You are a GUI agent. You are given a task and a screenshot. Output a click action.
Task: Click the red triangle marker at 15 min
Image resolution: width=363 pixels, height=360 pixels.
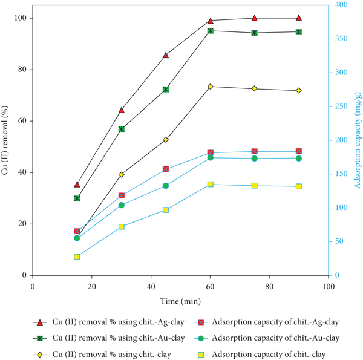77,185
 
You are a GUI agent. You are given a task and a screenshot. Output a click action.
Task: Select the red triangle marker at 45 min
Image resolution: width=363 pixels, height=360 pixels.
166,55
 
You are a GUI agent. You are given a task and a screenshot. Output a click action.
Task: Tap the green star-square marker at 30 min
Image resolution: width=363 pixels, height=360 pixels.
122,129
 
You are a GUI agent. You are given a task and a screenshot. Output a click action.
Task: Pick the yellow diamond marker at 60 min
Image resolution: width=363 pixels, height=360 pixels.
210,87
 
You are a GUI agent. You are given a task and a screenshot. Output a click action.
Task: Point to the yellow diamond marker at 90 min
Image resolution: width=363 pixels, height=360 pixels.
299,91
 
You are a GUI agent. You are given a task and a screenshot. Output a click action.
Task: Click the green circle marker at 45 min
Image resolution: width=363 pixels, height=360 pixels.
166,186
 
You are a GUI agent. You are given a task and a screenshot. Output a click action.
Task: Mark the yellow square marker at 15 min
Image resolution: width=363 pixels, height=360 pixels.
77,257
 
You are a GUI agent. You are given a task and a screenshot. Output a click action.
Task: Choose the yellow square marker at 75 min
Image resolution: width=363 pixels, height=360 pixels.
255,186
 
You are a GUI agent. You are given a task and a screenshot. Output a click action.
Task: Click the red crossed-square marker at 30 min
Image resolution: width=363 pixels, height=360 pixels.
122,195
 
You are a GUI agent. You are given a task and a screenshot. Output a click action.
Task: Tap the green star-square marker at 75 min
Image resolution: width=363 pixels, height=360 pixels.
255,33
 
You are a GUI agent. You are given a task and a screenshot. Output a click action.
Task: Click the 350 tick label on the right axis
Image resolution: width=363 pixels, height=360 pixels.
341,39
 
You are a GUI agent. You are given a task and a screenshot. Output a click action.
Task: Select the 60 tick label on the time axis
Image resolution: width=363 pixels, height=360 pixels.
210,287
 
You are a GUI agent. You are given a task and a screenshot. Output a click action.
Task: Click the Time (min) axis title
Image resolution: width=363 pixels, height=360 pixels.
180,301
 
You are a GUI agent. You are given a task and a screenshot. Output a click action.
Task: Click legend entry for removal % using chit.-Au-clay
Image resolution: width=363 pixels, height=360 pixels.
109,338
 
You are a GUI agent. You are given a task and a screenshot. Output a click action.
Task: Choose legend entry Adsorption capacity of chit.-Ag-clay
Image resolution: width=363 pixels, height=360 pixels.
266,322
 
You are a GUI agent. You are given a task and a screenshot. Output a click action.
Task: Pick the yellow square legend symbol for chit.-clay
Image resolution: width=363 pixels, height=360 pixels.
201,355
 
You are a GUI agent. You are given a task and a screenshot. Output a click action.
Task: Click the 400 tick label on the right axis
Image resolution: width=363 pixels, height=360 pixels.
341,5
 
